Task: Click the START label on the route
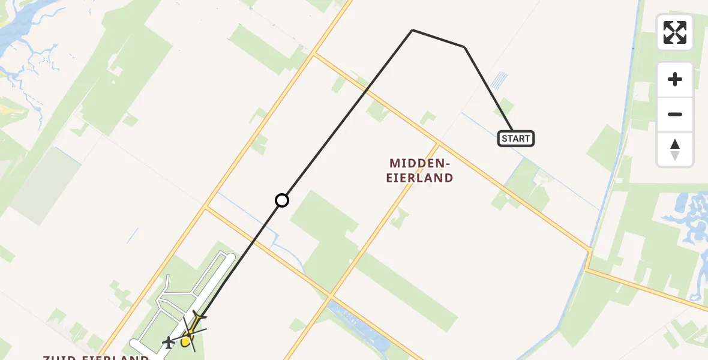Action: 515,139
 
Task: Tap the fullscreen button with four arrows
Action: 674,32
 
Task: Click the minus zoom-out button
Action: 674,114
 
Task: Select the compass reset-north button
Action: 674,149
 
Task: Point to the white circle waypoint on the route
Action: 282,200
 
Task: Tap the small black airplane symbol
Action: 169,343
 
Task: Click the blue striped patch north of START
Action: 499,80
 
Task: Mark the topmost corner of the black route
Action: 413,30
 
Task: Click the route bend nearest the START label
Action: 464,47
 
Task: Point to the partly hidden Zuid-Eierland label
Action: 96,357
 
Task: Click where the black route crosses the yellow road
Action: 367,91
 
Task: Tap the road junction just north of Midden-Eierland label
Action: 438,143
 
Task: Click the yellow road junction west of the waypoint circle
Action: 206,208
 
